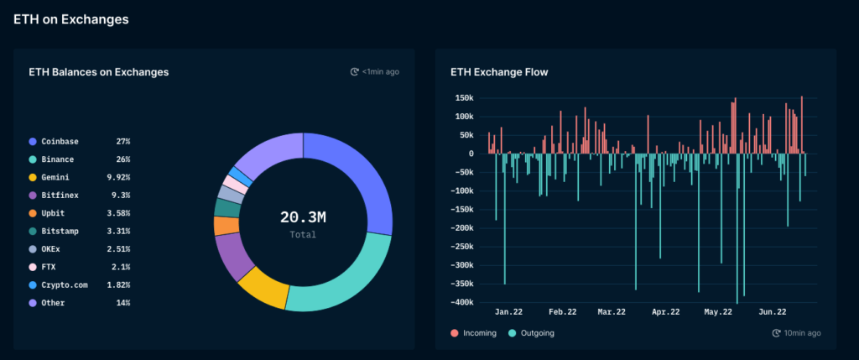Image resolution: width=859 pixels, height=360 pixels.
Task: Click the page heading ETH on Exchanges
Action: [70, 18]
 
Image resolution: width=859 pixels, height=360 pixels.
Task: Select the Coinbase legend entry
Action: [59, 142]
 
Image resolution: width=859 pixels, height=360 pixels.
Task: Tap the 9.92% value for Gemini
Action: [117, 177]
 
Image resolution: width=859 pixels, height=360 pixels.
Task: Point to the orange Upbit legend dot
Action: [33, 213]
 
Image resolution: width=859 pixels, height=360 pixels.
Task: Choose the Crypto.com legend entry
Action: [65, 284]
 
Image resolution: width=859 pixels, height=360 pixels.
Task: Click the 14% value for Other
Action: [122, 302]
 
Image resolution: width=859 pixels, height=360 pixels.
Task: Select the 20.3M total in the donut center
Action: [303, 217]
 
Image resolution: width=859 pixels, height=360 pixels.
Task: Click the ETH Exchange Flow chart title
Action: [499, 72]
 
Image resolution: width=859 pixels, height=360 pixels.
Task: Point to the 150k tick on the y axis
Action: [463, 97]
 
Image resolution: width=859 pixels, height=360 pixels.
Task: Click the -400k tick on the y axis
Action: [461, 302]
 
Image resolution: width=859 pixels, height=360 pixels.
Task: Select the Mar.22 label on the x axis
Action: [612, 312]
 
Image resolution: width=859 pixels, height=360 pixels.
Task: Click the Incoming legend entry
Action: [474, 333]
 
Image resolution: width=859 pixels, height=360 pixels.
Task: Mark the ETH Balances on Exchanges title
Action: [98, 72]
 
